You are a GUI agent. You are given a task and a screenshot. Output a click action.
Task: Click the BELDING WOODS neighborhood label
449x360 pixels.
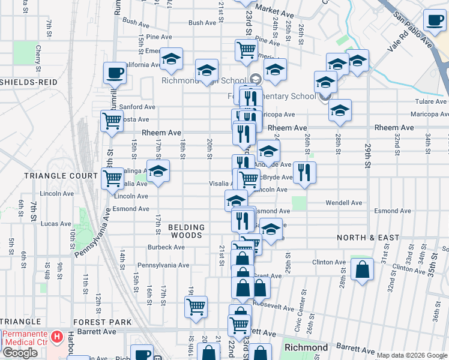coord(186,232)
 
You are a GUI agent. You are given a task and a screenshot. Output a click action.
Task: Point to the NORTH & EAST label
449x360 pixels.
coord(368,238)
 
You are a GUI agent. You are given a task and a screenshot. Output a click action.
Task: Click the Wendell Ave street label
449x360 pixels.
coord(344,203)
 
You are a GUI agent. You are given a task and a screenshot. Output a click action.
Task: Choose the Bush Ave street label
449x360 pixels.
coord(202,23)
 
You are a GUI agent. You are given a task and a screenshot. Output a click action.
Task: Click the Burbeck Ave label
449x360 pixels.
coord(166,247)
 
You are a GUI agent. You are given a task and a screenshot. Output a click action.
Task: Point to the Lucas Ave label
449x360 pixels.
coord(56,223)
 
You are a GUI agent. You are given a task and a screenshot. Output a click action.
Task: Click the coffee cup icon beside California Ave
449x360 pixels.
coord(114,73)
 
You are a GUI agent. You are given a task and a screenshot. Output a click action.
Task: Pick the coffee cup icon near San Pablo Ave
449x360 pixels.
coord(435,20)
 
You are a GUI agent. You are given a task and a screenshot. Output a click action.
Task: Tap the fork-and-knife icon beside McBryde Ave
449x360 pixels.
coord(305,173)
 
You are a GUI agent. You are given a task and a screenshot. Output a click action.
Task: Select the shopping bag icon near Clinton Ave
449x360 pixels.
coord(363,269)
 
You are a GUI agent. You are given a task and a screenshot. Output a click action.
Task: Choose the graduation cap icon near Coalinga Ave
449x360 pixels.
coord(158,171)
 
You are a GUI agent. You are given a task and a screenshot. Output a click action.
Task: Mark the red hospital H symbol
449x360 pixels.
coord(57,337)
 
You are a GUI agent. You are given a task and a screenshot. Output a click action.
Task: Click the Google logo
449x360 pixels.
coord(20,353)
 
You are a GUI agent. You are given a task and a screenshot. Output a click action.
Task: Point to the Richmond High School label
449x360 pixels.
coord(204,80)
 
